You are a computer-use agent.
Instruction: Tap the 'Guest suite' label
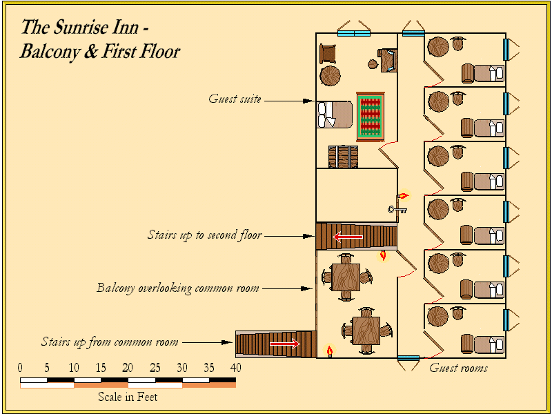(x=235, y=99)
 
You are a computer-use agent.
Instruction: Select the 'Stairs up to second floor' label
(x=204, y=235)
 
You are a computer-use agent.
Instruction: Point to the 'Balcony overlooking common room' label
(x=178, y=288)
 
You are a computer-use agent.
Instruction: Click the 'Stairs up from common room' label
(x=110, y=342)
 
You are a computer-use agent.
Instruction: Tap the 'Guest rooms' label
(x=458, y=368)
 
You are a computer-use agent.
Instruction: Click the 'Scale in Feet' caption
(x=128, y=397)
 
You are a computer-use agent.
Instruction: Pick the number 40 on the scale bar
(x=235, y=367)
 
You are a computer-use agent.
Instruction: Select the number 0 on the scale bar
(x=20, y=367)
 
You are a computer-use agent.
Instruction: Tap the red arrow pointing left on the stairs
(x=348, y=237)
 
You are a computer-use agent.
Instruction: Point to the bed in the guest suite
(x=335, y=114)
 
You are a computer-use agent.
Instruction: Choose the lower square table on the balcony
(x=366, y=331)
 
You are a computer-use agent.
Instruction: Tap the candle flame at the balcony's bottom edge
(x=330, y=351)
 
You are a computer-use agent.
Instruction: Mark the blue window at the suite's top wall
(x=354, y=32)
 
